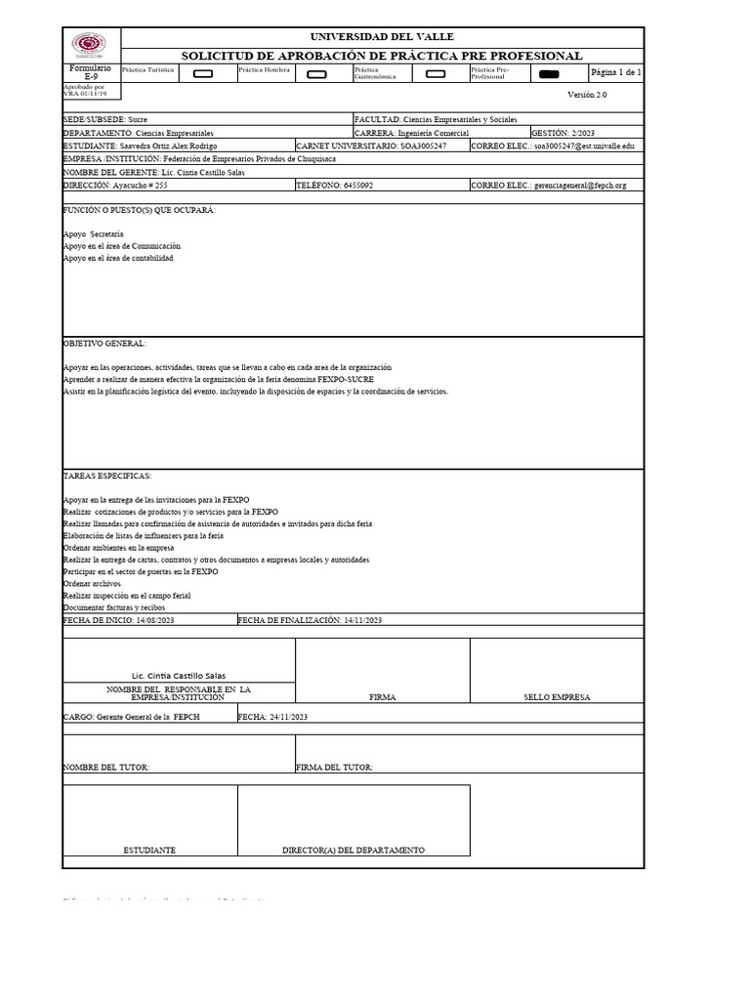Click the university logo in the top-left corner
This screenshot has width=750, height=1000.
click(91, 45)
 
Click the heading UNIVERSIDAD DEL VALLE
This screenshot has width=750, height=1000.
click(381, 36)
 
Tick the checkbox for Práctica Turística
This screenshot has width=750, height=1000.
click(203, 73)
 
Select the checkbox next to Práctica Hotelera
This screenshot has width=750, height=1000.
click(317, 73)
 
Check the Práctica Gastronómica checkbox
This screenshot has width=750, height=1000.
click(436, 73)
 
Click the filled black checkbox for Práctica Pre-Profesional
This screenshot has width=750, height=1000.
click(550, 73)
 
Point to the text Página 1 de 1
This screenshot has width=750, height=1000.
click(615, 72)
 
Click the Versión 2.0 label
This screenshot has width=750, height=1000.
click(587, 95)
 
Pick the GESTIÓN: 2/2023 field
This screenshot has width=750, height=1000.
click(562, 132)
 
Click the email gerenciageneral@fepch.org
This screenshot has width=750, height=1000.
click(580, 185)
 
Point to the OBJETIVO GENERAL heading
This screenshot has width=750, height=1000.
click(104, 344)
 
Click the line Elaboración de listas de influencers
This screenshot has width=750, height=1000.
click(144, 536)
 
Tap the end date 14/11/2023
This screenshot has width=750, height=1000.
click(360, 620)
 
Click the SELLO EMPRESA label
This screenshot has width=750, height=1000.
click(557, 697)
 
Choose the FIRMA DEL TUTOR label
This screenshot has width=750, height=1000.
click(334, 768)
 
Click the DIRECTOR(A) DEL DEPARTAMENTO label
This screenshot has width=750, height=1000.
click(354, 851)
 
